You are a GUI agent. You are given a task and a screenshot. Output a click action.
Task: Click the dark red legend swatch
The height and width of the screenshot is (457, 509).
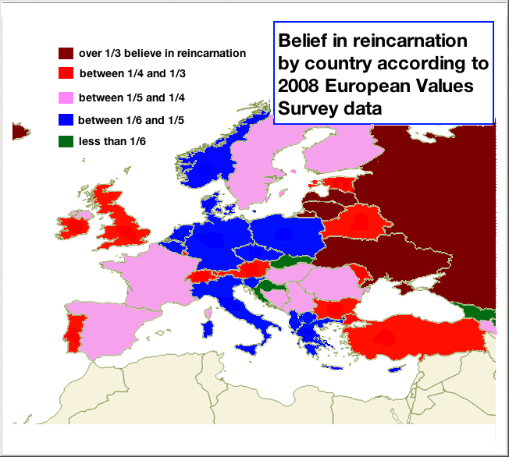[x=66, y=54]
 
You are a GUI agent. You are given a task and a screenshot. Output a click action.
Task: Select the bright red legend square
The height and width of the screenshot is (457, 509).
[x=66, y=74]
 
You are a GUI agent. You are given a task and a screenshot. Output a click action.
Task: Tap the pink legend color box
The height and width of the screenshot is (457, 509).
[x=66, y=98]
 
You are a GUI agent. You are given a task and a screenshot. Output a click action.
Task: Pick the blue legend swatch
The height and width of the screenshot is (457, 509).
[x=66, y=120]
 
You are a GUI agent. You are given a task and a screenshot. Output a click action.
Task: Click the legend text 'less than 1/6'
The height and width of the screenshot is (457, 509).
[x=112, y=141]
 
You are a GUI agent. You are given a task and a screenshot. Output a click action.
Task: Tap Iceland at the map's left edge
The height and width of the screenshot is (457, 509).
[x=19, y=131]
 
